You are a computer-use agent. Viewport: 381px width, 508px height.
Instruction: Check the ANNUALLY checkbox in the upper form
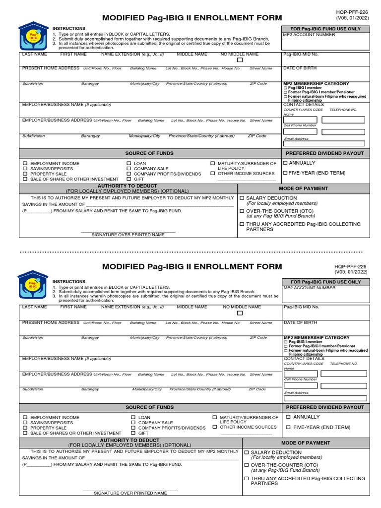tap(285, 163)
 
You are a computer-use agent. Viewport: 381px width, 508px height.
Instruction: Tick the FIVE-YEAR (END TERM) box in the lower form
tap(288, 427)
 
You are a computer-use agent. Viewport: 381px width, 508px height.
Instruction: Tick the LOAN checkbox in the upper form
tap(128, 163)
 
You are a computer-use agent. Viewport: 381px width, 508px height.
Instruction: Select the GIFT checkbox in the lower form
tap(133, 433)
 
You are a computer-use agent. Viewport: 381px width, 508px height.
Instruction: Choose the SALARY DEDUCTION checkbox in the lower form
tap(247, 452)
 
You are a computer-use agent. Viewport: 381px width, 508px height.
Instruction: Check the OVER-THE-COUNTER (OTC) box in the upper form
tap(242, 211)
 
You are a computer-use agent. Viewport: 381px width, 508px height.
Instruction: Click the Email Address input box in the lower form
tap(325, 398)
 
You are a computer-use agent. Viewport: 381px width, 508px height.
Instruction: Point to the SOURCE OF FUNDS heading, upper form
tap(149, 154)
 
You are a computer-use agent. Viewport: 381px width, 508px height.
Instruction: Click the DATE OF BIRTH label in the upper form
tap(300, 68)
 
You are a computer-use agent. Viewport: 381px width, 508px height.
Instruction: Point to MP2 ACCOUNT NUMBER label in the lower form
tap(309, 288)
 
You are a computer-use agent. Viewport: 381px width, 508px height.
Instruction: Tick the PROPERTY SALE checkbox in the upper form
tap(25, 174)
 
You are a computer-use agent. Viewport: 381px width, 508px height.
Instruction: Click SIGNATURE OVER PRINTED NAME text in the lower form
tap(130, 493)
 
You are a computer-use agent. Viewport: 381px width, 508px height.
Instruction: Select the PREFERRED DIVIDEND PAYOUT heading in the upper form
tap(324, 154)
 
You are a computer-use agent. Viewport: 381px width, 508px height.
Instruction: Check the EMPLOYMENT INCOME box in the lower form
tap(25, 418)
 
